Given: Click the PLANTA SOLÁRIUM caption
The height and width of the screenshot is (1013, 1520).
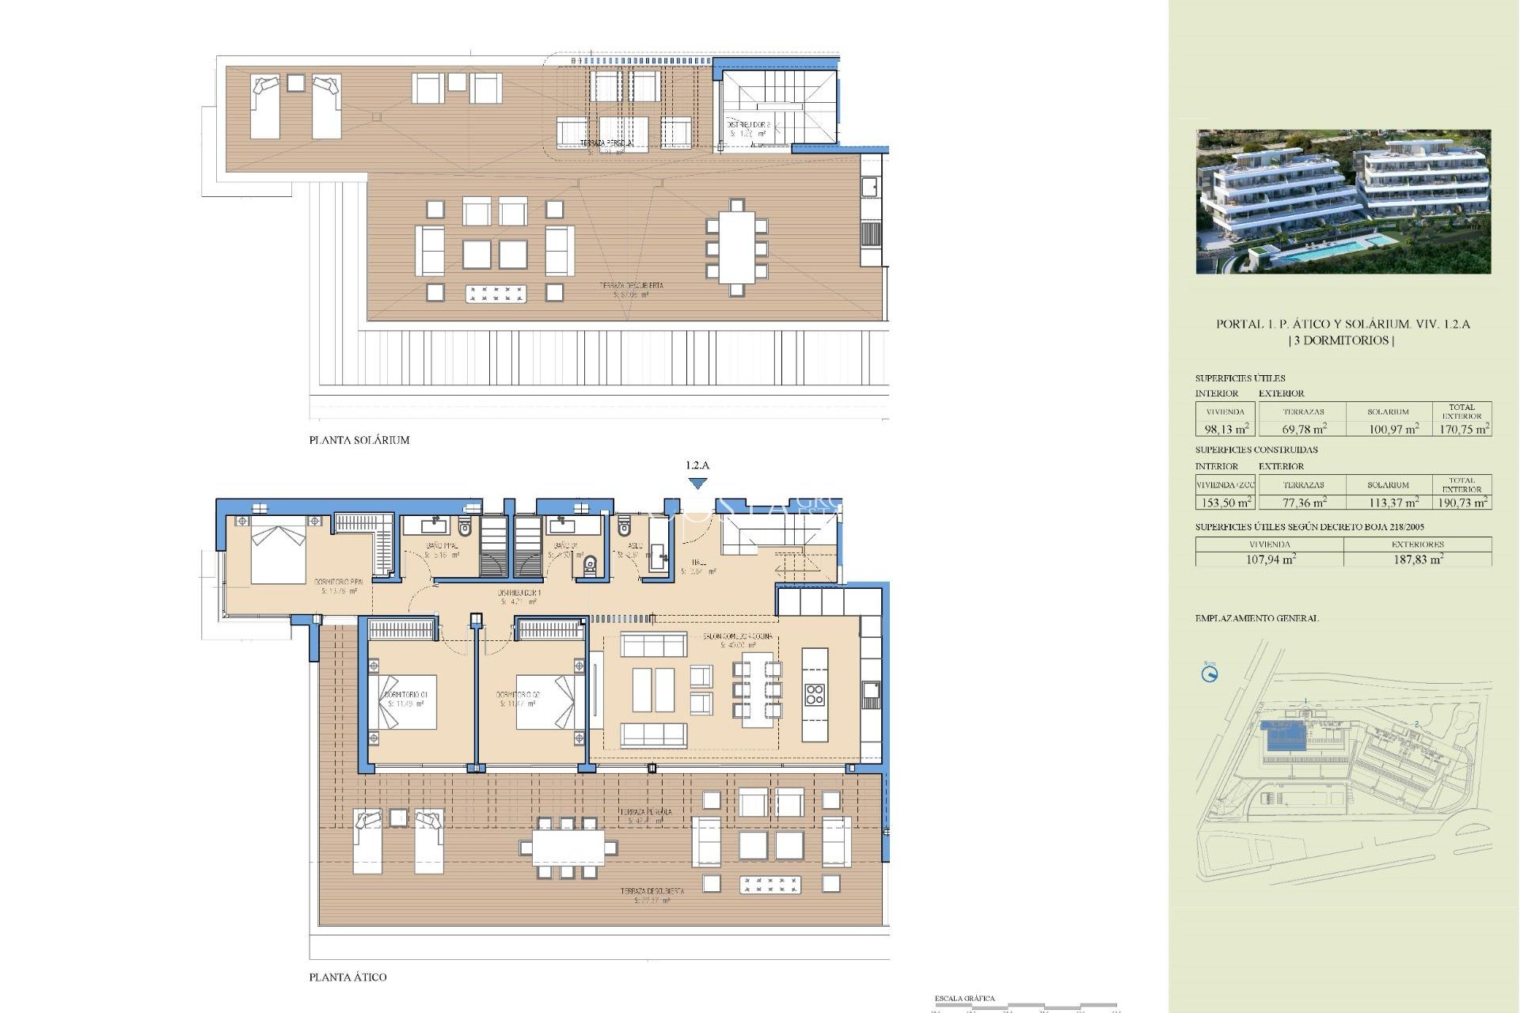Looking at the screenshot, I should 359,440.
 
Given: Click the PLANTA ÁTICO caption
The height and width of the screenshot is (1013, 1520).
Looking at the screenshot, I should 348,977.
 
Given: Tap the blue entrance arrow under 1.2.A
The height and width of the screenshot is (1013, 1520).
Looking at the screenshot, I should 697,483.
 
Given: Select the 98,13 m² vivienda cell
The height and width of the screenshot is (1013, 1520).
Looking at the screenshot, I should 1225,429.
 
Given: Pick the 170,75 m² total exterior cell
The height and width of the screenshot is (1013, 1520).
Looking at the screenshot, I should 1463,429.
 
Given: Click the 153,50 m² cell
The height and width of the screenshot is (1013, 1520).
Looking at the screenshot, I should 1225,503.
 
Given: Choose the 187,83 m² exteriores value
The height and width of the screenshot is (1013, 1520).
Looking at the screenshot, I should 1417,560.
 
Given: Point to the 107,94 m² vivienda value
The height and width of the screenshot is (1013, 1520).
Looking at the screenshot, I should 1270,560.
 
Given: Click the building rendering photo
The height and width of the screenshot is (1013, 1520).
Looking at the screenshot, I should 1343,202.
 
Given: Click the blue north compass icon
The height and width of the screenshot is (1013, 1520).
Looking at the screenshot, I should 1209,674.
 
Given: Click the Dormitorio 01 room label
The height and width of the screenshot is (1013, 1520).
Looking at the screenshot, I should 406,695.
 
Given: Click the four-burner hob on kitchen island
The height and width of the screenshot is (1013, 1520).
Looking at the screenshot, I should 815,695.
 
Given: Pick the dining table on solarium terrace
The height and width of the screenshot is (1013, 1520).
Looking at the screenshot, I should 736,247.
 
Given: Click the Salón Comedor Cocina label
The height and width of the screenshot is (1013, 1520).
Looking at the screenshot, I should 737,636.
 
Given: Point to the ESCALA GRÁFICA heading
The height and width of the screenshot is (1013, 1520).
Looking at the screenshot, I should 964,999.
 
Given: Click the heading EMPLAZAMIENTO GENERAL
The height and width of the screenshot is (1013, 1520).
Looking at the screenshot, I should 1256,618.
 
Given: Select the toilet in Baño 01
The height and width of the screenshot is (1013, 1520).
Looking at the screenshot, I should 590,565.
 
